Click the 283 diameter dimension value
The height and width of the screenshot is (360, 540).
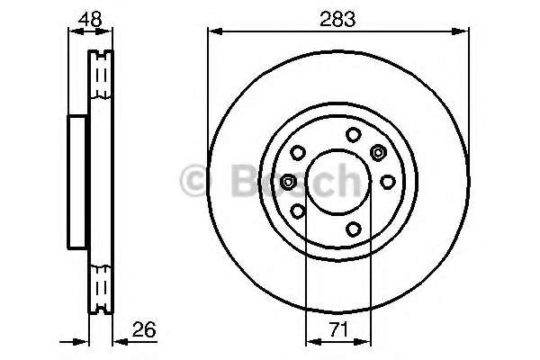click(x=337, y=19)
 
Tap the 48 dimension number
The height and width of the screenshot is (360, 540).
click(x=90, y=19)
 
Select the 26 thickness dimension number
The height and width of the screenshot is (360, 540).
click(x=144, y=329)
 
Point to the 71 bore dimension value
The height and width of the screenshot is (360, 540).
click(x=339, y=329)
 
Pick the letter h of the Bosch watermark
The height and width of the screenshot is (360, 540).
click(x=347, y=181)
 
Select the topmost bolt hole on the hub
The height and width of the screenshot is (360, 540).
click(x=354, y=134)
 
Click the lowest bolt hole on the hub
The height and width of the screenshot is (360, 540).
click(x=354, y=229)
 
